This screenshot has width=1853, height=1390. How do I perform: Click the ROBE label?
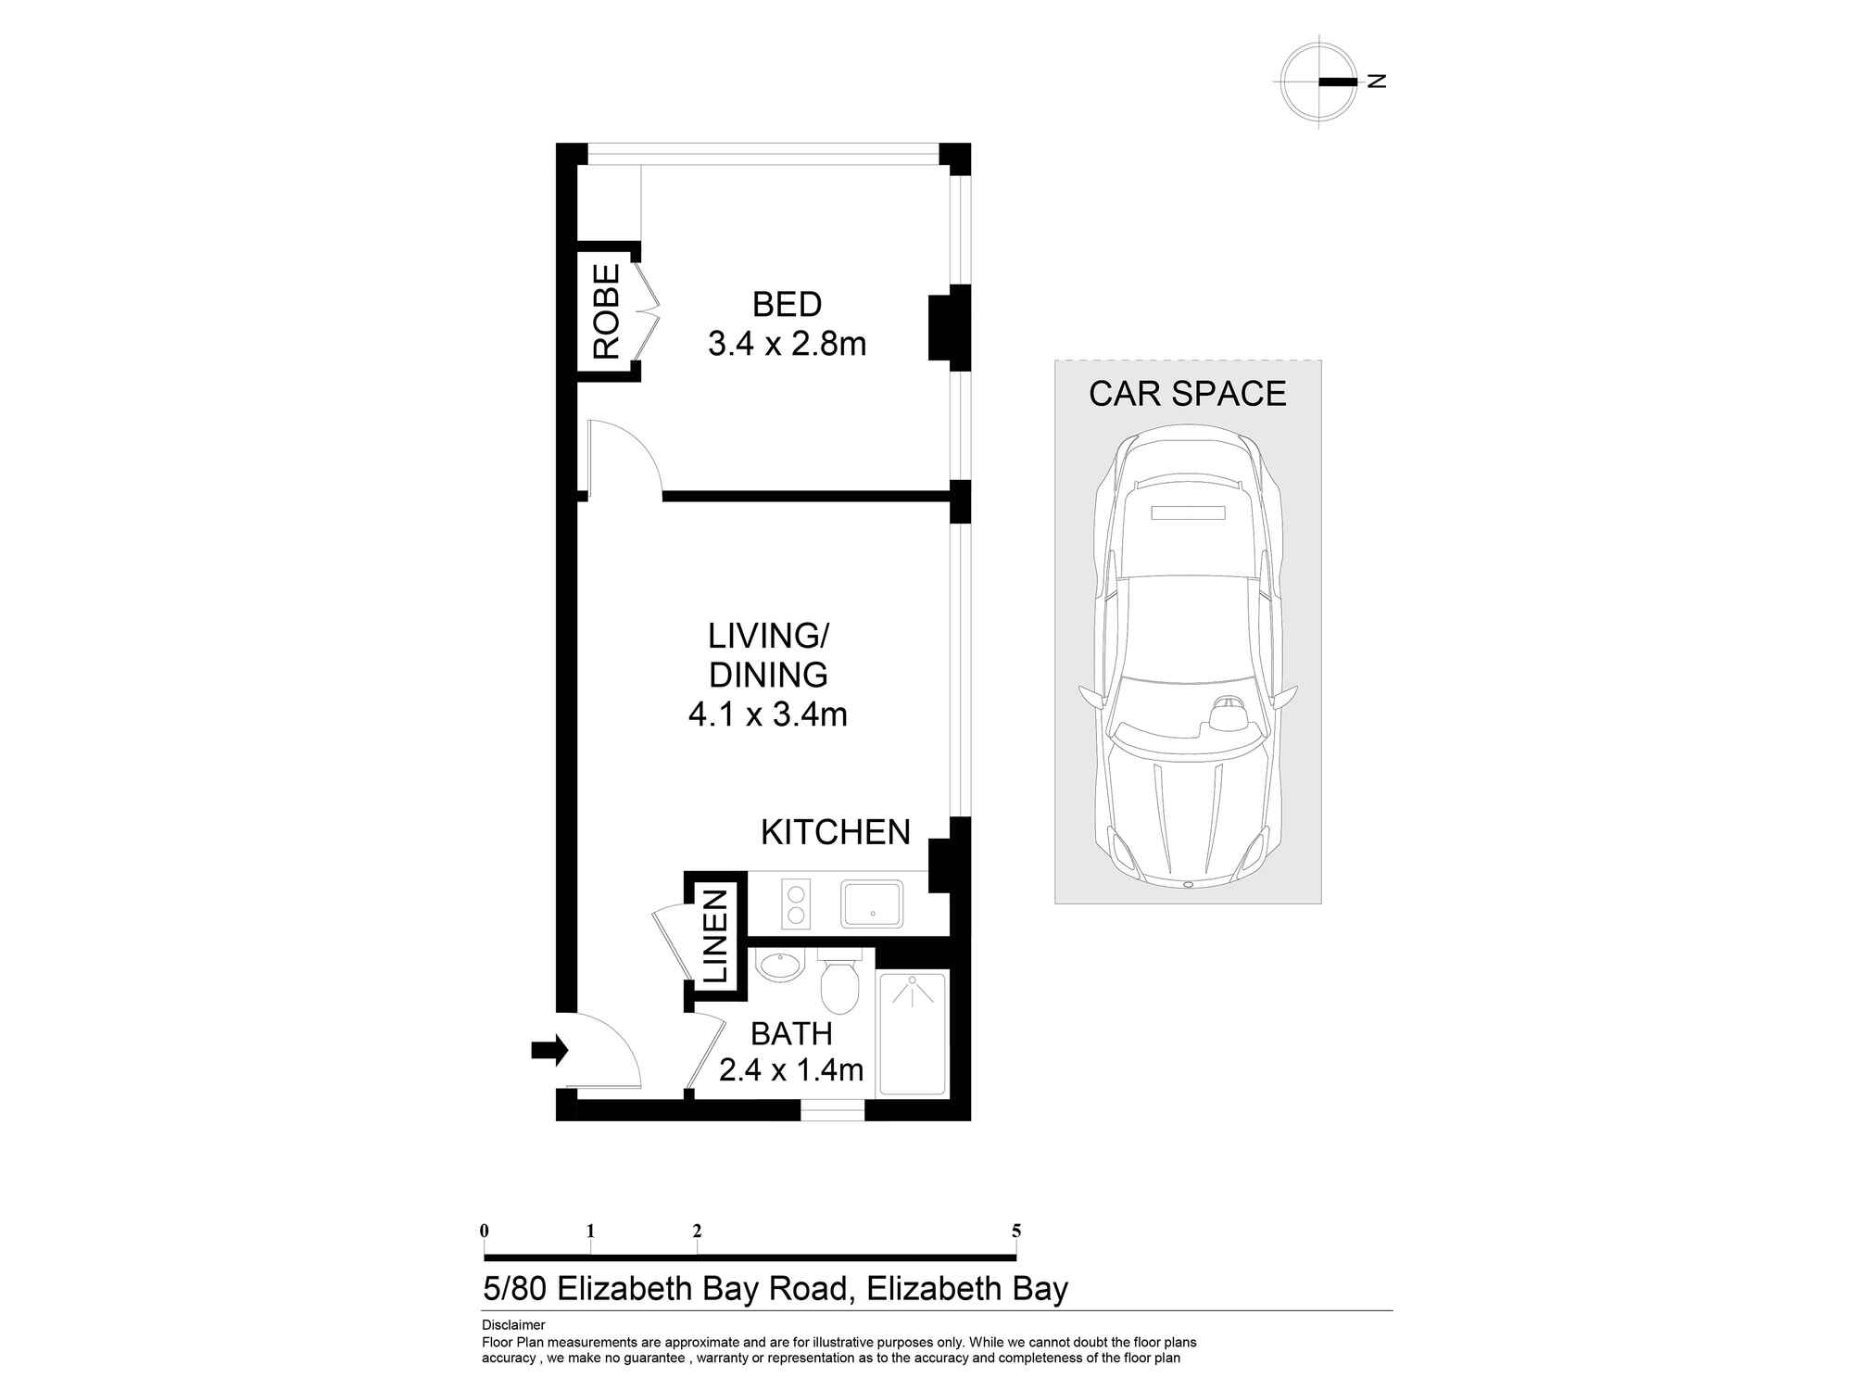coord(606,311)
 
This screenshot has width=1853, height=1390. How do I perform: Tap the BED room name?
coord(787,304)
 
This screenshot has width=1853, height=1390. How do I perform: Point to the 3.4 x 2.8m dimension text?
coord(787,344)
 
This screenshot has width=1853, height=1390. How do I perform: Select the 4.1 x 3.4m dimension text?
coord(768,714)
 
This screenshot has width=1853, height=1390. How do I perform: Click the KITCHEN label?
coord(835,832)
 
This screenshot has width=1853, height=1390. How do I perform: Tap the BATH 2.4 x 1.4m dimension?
coord(791,1070)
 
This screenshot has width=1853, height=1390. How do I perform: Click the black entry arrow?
coord(548,1050)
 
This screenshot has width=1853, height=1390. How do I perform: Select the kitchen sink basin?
coord(871,903)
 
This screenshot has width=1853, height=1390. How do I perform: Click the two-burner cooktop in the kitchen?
coord(795,903)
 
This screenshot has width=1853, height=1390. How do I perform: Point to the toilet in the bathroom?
coord(840,985)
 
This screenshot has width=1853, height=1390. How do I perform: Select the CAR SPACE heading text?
coord(1187,394)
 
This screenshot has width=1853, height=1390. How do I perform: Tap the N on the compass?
coord(1377,82)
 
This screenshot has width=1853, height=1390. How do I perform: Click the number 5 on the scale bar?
coord(1016,1231)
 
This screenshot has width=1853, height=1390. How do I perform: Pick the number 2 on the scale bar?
coord(697,1231)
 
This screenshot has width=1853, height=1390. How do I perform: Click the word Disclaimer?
coord(513,1325)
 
